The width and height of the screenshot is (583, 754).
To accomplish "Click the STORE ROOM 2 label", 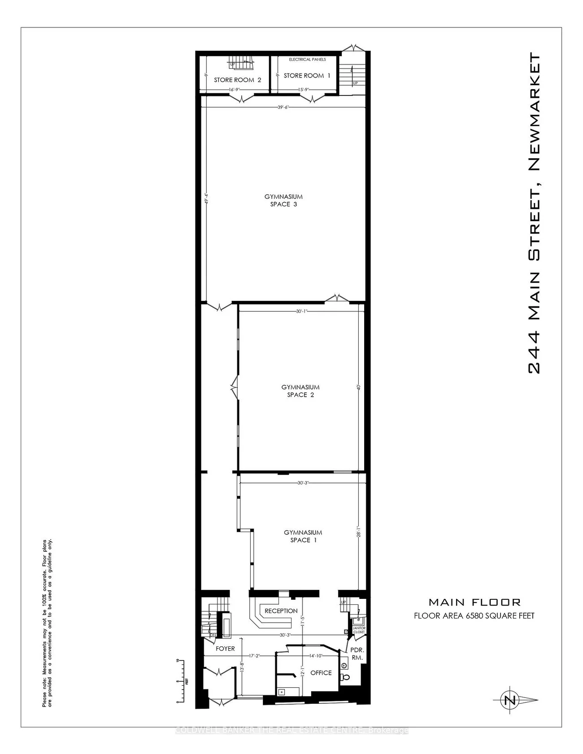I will coord(237,80).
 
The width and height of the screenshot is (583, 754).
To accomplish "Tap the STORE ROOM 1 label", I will coord(307,75).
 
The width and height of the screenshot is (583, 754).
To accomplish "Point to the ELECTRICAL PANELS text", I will coord(307,59).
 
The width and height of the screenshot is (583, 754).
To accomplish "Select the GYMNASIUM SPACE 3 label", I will coord(283,200).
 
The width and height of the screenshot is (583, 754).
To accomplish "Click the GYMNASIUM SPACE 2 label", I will coord(300,391).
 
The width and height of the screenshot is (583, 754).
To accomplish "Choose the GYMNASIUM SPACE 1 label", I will coord(303,536).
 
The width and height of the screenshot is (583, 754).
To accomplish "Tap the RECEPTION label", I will coord(281,611).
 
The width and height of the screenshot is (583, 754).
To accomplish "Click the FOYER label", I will coord(225,648).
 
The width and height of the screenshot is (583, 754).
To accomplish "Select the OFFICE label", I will coord(321,672).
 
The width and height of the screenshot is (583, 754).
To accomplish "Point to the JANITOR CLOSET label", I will coord(359,630).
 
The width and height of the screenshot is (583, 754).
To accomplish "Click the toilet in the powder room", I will coord(344,677).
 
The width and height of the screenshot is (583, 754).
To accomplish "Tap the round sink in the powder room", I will coord(344,665).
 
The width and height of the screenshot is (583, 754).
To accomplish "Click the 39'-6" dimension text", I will coord(283,107).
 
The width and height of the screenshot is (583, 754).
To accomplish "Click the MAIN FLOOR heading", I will coord(474,602).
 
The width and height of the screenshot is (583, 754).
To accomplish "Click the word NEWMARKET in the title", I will coord(535,112).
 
